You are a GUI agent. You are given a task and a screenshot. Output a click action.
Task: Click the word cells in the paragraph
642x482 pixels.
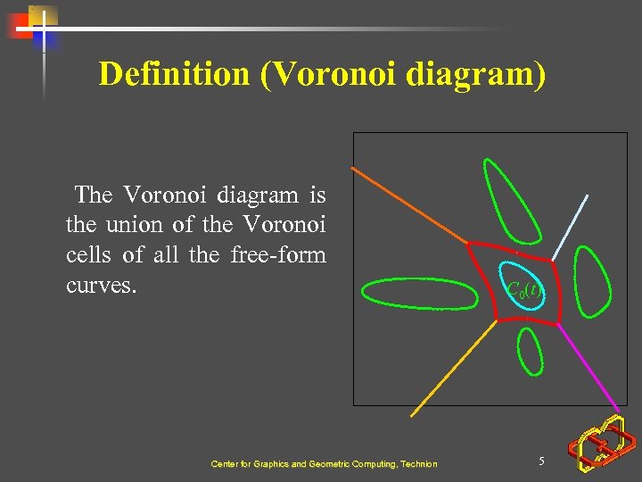90,255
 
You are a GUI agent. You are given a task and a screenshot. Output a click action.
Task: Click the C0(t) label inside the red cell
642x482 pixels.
523,288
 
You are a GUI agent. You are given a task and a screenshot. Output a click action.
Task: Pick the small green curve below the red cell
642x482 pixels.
531,350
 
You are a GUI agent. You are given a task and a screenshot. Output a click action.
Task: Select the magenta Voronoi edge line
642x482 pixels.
591,366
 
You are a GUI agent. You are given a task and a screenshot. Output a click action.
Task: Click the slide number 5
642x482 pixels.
541,461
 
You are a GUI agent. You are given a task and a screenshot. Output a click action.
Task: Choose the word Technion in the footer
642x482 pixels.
419,464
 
